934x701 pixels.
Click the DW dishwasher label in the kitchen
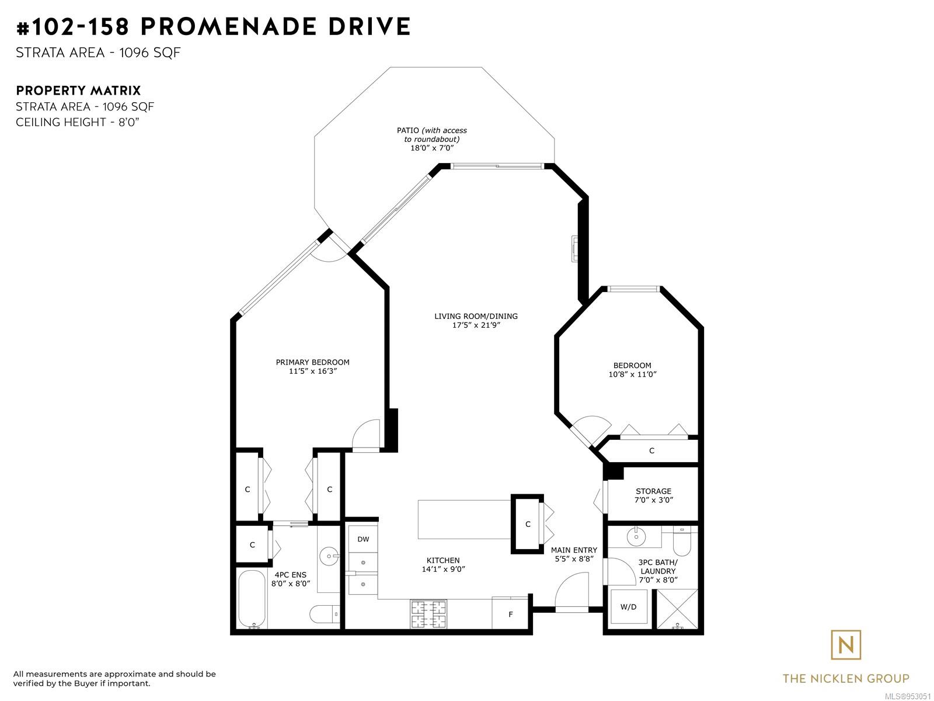(x=363, y=539)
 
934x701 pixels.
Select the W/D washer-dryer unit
(x=628, y=606)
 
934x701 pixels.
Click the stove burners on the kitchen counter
(x=428, y=614)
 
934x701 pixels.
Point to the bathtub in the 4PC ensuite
(x=252, y=599)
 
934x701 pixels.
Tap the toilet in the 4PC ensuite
(x=325, y=614)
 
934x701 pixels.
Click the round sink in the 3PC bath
(x=636, y=536)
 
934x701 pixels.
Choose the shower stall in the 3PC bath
(x=677, y=609)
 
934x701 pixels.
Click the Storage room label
(x=653, y=491)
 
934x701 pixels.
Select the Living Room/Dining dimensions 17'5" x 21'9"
(x=476, y=325)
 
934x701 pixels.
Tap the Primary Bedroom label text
(x=312, y=362)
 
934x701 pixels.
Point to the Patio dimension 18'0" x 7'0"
(x=432, y=148)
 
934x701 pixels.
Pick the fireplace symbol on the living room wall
(x=575, y=249)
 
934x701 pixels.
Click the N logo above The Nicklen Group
(x=846, y=646)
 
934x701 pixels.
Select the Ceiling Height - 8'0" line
(x=78, y=122)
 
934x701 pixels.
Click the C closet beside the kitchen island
(x=528, y=524)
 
